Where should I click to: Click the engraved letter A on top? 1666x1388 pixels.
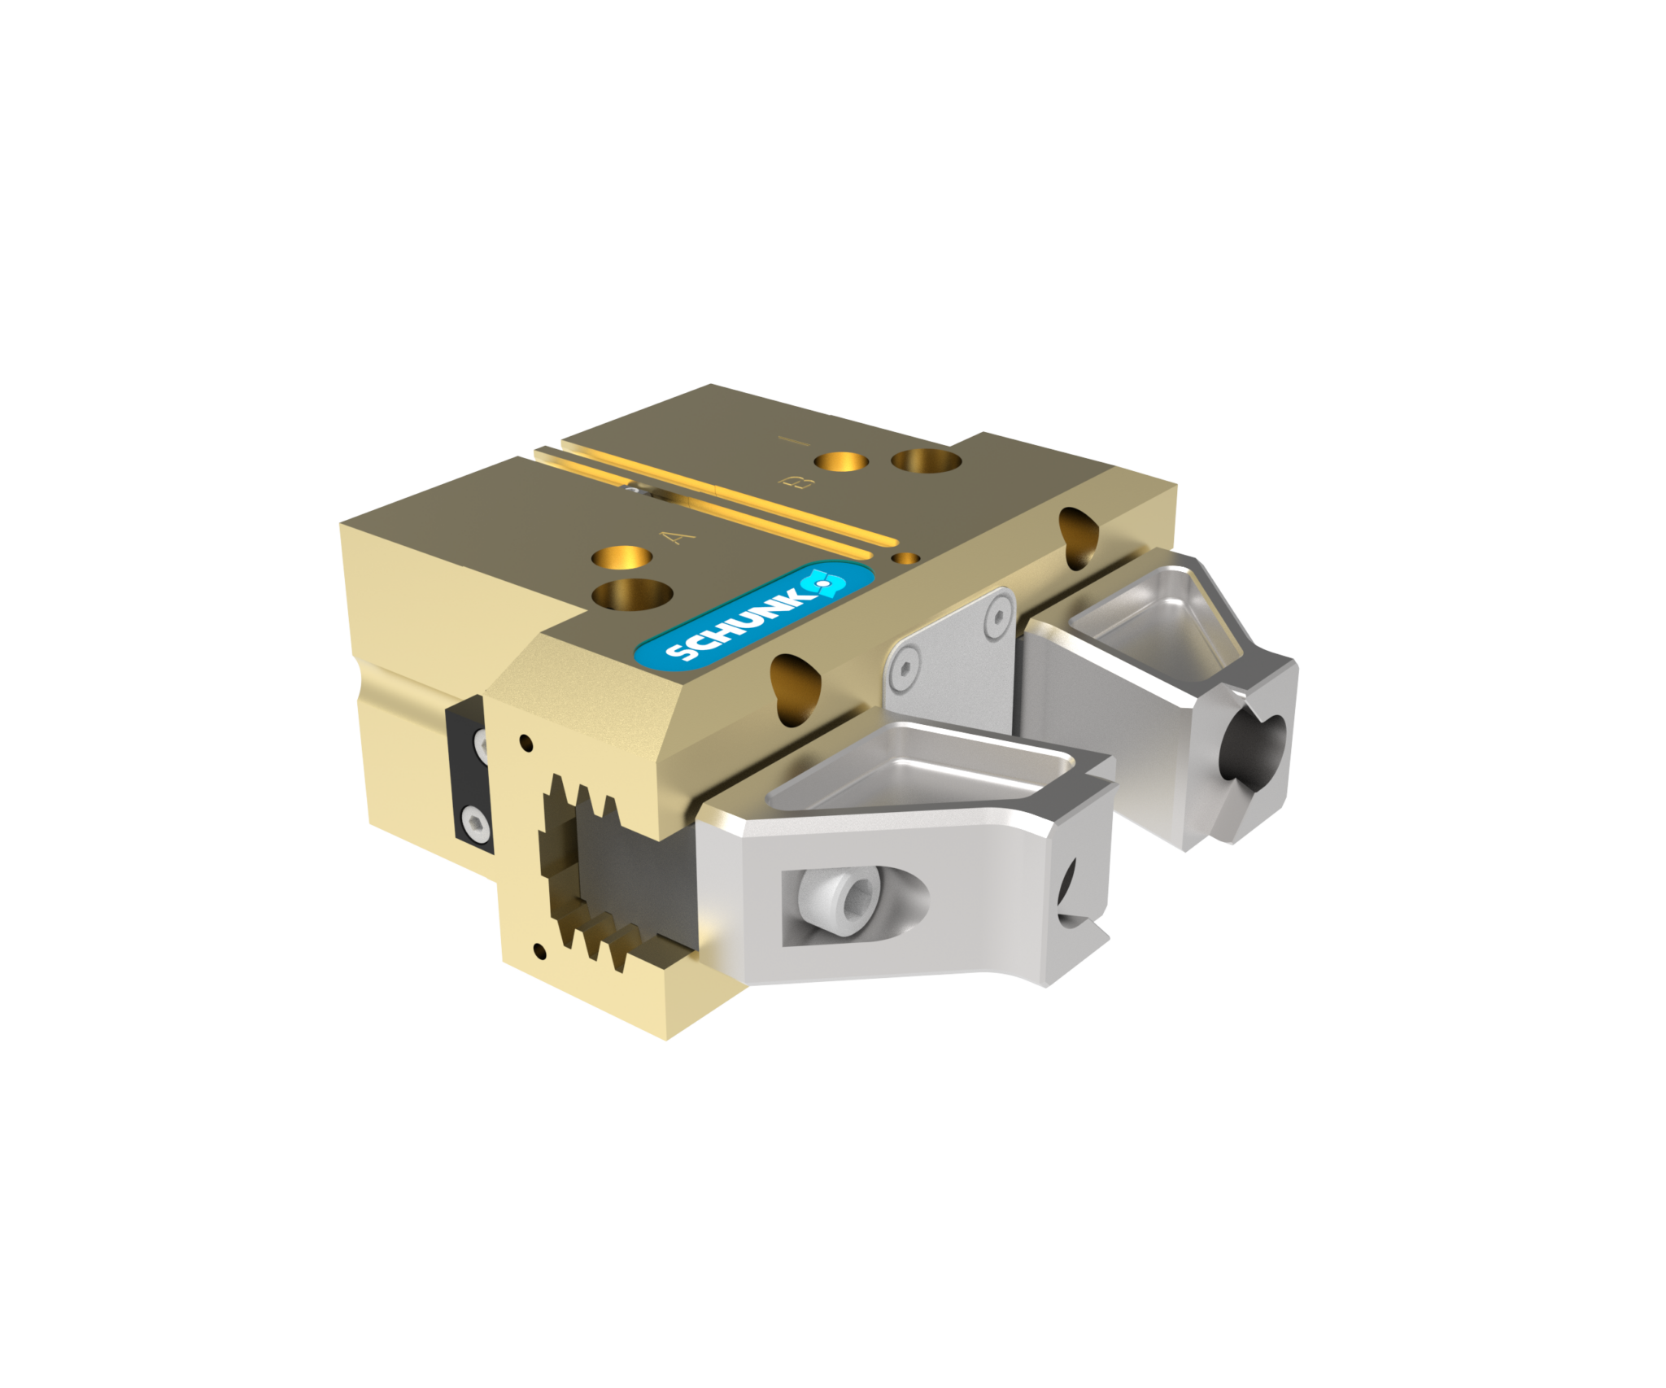click(677, 538)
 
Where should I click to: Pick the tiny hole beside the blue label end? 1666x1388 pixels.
click(905, 558)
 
